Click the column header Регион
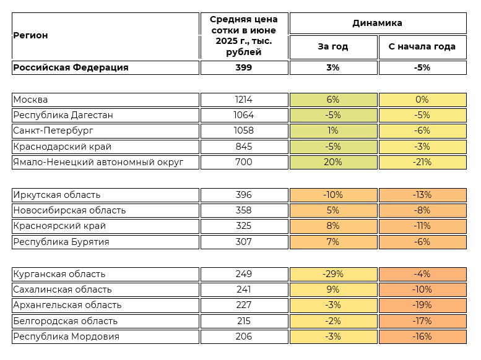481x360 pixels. coord(30,36)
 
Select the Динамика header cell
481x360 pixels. coord(378,23)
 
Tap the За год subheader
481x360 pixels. coord(333,47)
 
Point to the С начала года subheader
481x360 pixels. coord(422,47)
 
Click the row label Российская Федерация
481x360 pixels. coord(71,67)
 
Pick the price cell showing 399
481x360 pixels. coord(244,67)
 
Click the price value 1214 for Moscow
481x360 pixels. coord(244,100)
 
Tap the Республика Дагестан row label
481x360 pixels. coord(63,115)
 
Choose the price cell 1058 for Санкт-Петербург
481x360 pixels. coord(244,131)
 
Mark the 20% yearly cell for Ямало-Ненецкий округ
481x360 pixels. coord(333,162)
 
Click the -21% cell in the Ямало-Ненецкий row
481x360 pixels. coord(422,162)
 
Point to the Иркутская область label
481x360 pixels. coord(57,195)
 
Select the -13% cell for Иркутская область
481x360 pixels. coord(422,195)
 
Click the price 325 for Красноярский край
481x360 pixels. coord(244,226)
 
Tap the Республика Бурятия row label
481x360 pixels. coord(61,242)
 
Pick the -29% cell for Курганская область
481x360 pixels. coord(333,274)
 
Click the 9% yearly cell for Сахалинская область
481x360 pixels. coord(333,289)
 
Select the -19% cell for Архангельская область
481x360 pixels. coord(422,305)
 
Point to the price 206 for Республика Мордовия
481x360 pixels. coord(244,336)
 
